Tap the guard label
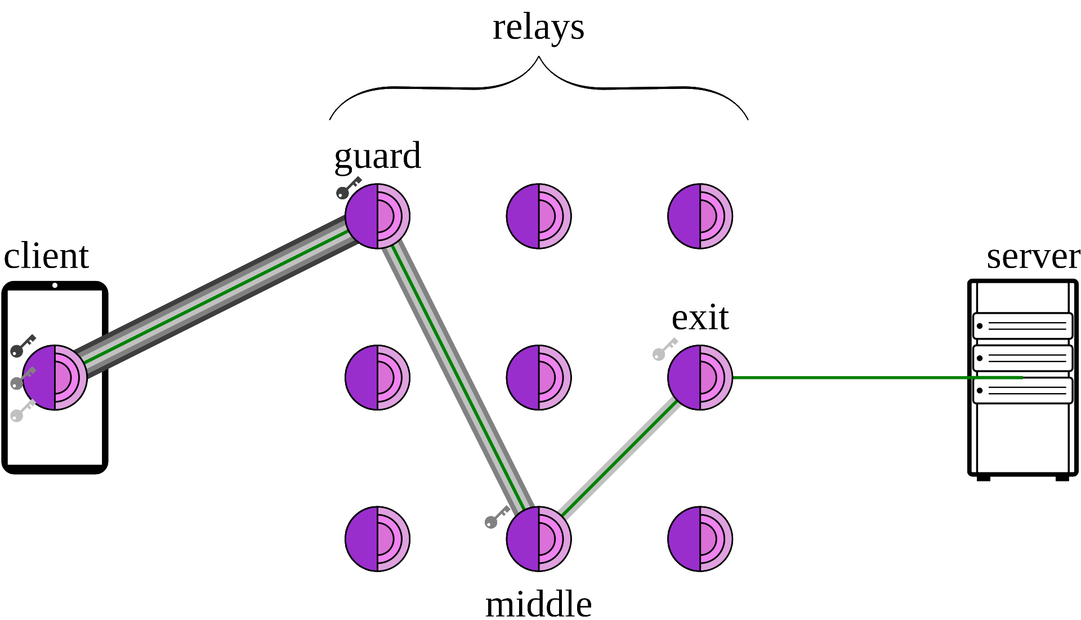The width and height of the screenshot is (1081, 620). (x=377, y=156)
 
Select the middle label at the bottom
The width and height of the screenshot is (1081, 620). (x=538, y=604)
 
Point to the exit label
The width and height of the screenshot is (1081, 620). (x=700, y=318)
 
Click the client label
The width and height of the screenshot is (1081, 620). (x=46, y=256)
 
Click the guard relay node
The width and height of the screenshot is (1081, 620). (x=377, y=216)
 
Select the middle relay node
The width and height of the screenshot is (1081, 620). (x=539, y=539)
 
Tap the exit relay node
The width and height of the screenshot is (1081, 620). (x=700, y=377)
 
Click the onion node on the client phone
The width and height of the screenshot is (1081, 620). (x=55, y=377)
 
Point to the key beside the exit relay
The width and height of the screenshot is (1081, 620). (x=664, y=349)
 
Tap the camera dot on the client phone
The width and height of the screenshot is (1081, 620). (x=55, y=286)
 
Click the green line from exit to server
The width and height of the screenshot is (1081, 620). (x=845, y=377)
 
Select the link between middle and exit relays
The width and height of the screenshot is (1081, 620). (x=619, y=457)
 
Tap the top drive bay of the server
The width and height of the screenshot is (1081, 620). (x=1022, y=325)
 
